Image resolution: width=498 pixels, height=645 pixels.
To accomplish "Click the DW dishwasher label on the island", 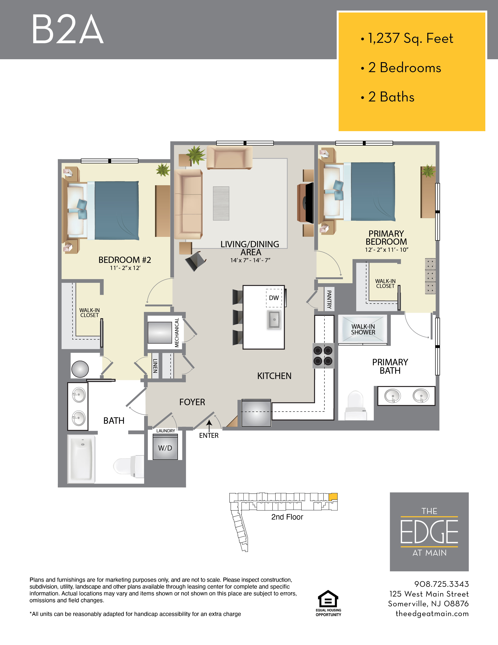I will pyautogui.click(x=274, y=298).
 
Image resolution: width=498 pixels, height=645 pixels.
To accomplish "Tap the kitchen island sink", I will pyautogui.click(x=274, y=320).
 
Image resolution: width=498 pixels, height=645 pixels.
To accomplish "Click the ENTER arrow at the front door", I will pyautogui.click(x=209, y=426).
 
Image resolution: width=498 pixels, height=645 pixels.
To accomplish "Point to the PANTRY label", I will pyautogui.click(x=329, y=299).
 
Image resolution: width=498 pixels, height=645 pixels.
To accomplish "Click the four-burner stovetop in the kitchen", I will pyautogui.click(x=323, y=356).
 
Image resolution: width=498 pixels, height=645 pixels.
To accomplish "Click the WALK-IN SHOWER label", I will pyautogui.click(x=363, y=329).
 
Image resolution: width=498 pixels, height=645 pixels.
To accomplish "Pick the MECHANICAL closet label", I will pyautogui.click(x=177, y=332).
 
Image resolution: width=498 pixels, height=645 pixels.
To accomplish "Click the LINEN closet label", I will pyautogui.click(x=155, y=366).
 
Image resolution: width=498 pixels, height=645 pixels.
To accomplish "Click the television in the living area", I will pyautogui.click(x=309, y=203).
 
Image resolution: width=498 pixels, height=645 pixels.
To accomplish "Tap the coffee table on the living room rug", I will pyautogui.click(x=221, y=203).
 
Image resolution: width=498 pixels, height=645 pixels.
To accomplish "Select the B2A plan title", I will pyautogui.click(x=67, y=30).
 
